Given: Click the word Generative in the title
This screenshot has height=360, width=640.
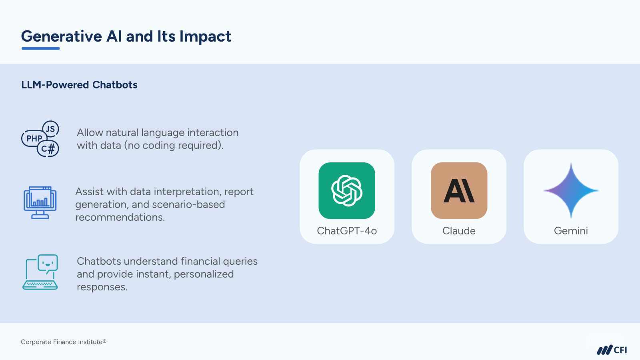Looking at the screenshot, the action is coord(62,36).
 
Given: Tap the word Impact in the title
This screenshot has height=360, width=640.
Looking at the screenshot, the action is coord(205,36).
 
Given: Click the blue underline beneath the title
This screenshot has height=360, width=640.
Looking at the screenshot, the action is coord(40,48).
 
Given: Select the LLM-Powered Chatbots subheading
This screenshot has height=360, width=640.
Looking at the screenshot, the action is coord(79,85).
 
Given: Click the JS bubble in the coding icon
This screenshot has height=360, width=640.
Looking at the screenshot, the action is coord(50,129).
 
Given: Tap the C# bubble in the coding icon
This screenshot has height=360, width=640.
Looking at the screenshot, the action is coord(48,148).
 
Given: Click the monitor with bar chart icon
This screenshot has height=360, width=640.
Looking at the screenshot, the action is coord(40,202).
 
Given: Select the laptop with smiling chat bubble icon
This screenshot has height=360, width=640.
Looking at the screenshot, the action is coord(40,272).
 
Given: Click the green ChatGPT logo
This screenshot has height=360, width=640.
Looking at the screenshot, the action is coord(347,190).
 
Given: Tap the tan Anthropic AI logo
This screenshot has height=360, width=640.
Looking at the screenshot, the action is coord(459,190).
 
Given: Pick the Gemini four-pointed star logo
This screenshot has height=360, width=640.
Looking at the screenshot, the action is coord(571,190).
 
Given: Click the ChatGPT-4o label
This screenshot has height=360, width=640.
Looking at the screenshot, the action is coord(347,231).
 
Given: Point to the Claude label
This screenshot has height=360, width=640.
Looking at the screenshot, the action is coord(459,231).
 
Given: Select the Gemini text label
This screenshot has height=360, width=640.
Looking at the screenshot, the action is coord(571,231).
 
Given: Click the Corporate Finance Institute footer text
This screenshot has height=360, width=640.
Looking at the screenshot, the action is coord(64,342).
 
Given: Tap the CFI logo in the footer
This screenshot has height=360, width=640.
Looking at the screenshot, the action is coord(612,350).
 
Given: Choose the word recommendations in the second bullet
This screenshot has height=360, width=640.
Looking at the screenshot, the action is coord(120,218).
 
